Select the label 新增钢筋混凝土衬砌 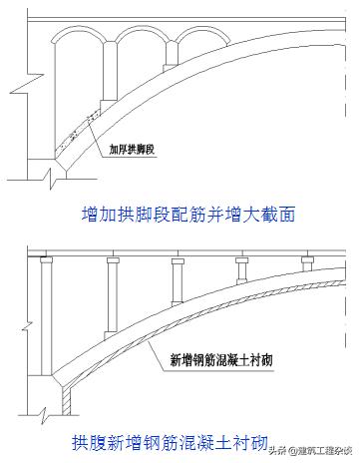(x=215, y=355)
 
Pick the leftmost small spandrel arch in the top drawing (x=77, y=55)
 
